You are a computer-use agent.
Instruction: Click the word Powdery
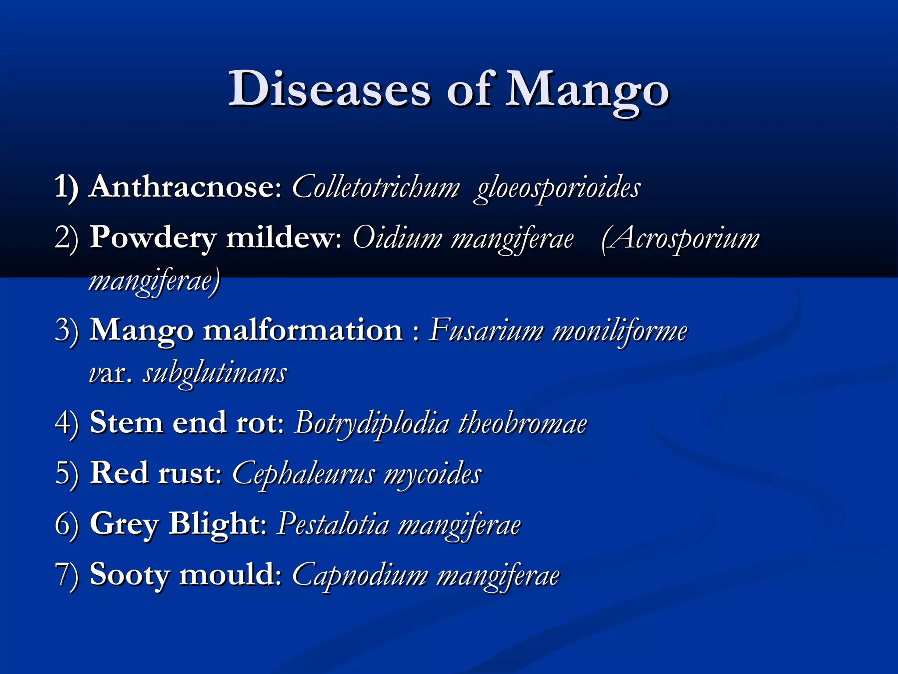[x=153, y=238]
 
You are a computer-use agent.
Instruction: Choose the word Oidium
[x=397, y=238]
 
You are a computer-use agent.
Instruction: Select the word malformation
[x=303, y=330]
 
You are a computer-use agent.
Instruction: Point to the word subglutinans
[x=215, y=374]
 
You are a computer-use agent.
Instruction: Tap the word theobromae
[x=523, y=424]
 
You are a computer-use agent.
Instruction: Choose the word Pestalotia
[x=333, y=525]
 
